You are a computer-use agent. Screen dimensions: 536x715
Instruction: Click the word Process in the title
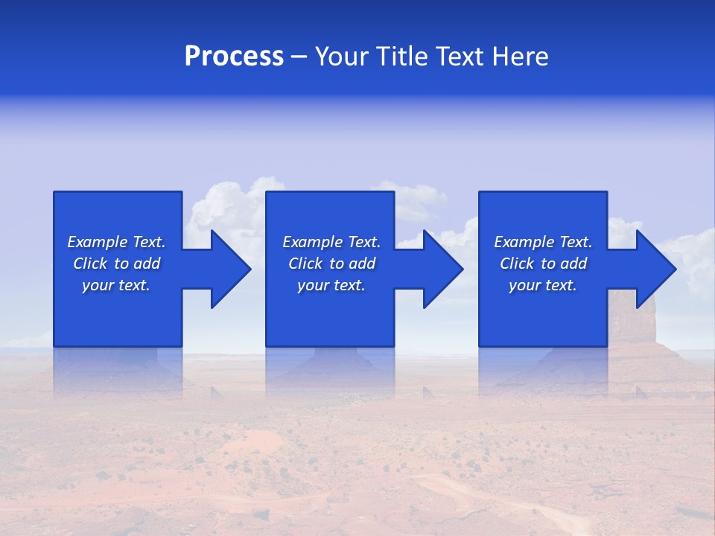[234, 57]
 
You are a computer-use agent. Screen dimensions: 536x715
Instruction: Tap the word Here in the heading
[519, 57]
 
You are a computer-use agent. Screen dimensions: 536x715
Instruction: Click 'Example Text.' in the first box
[116, 242]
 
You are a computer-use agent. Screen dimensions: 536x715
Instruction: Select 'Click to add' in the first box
[116, 264]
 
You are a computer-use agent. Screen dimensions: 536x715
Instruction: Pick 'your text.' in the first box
[116, 285]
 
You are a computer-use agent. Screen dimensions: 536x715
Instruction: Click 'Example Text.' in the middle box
[331, 242]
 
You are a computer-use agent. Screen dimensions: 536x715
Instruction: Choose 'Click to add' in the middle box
[331, 264]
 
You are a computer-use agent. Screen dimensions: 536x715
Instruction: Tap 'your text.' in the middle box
[331, 285]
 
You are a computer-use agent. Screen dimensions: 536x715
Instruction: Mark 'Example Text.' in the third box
[543, 242]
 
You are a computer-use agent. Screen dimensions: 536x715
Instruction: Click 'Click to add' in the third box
[543, 264]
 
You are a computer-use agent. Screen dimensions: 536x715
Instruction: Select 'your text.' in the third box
[543, 285]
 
